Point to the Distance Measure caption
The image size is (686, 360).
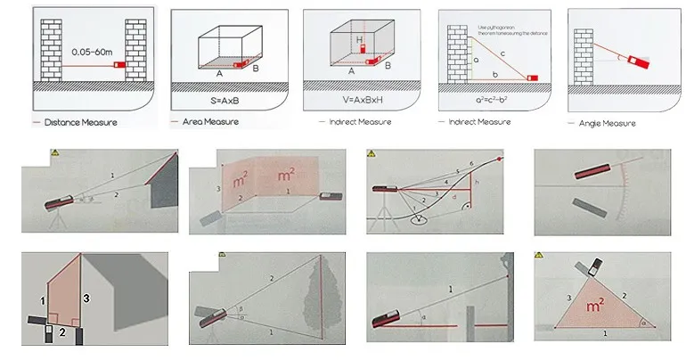point(80,121)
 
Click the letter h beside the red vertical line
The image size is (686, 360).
point(478,184)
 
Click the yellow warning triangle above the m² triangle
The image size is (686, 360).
point(540,258)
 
